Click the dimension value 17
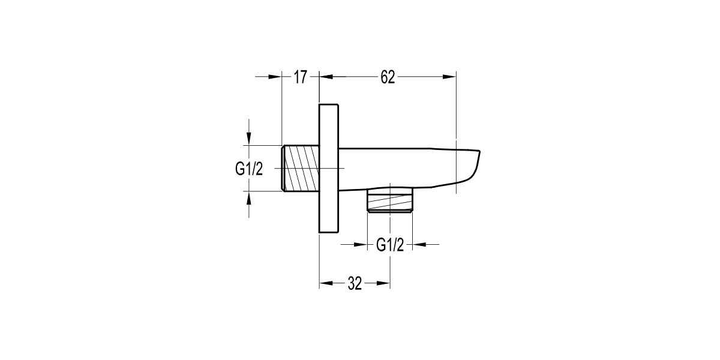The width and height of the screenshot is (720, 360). [301, 77]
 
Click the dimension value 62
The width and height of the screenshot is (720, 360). [388, 77]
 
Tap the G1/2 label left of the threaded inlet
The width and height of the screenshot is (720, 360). [249, 169]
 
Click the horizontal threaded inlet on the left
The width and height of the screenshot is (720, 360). [300, 169]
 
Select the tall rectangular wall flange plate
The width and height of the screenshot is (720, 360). [329, 168]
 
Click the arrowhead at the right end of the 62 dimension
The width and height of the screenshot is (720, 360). [450, 77]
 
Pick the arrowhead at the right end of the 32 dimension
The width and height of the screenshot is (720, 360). [384, 284]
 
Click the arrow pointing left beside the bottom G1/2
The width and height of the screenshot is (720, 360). [421, 244]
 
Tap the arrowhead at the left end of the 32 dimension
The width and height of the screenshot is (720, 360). [326, 284]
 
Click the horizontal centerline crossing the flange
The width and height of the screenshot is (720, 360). [334, 169]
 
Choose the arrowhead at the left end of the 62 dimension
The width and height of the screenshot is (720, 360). [326, 77]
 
